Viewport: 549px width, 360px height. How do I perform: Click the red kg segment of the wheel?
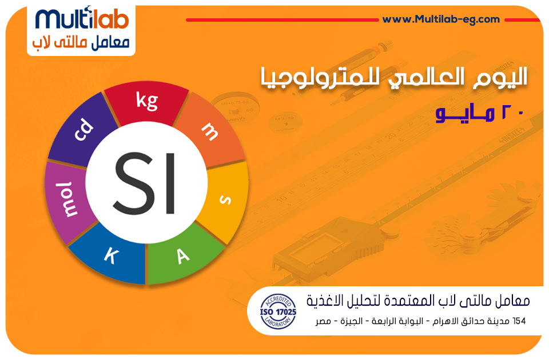click(147, 102)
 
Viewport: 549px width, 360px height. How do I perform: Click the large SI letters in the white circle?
click(145, 183)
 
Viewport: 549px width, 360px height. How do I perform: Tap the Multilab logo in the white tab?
click(82, 30)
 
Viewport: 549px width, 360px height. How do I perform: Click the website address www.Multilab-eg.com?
click(441, 19)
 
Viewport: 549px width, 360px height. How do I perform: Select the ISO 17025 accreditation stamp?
click(278, 311)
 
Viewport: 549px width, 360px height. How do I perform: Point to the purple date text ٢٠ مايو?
click(480, 113)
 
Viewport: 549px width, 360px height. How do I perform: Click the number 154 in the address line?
click(519, 321)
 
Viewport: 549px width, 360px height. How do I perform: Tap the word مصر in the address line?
click(323, 321)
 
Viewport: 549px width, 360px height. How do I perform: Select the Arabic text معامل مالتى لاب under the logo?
click(81, 43)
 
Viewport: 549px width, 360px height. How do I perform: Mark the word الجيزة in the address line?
click(351, 321)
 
